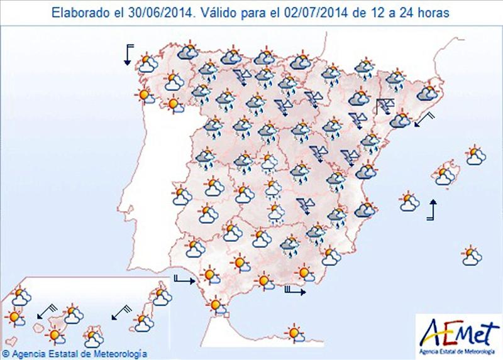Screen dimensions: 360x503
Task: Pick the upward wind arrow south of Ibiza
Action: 432,210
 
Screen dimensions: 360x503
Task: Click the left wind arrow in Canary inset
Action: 46,310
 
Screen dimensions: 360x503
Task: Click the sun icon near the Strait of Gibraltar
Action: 218,305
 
